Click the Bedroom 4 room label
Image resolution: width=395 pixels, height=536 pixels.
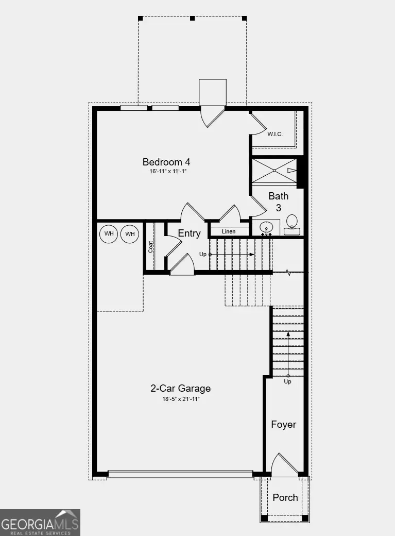(162, 161)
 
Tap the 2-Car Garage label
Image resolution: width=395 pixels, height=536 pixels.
(180, 389)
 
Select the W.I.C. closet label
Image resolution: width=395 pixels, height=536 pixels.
(275, 134)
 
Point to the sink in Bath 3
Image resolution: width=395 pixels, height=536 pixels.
(266, 227)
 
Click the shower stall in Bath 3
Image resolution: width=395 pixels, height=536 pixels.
(274, 170)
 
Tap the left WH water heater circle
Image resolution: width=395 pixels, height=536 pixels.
(109, 234)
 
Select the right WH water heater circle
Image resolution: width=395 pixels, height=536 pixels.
(130, 234)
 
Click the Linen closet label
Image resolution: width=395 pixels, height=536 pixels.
(229, 231)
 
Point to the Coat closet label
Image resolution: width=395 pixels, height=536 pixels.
(151, 247)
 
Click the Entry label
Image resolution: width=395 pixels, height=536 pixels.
(189, 233)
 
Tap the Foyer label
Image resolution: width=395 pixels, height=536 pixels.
(284, 424)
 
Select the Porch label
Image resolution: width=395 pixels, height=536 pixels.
(285, 497)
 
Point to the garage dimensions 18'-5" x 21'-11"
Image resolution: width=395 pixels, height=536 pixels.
(180, 398)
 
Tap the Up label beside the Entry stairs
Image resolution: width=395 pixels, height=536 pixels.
(202, 255)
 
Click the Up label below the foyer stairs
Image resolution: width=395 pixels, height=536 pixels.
(287, 382)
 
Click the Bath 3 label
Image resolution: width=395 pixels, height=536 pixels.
(279, 202)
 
